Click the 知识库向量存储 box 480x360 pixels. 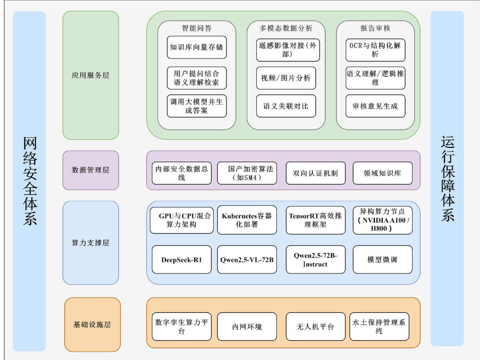[x=196, y=47]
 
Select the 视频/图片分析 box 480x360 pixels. [x=286, y=78]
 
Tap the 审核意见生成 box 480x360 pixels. [x=375, y=106]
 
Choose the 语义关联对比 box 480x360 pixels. [x=286, y=106]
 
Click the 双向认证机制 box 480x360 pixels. [x=315, y=173]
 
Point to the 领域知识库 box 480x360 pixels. [x=382, y=173]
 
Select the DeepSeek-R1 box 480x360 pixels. [x=181, y=260]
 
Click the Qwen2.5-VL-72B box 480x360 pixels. [x=247, y=260]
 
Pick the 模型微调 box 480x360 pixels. [x=382, y=260]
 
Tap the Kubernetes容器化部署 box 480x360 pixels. [x=247, y=220]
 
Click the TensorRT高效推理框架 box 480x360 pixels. [x=315, y=220]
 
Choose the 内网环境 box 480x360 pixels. [x=247, y=327]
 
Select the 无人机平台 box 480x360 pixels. [x=315, y=327]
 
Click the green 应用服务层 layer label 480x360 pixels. [x=90, y=75]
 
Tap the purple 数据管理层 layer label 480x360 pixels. [x=90, y=170]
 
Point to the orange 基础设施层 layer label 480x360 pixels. [x=92, y=325]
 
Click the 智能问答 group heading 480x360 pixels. [x=196, y=28]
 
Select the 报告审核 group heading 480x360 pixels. [x=375, y=28]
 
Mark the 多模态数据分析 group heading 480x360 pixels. [x=286, y=28]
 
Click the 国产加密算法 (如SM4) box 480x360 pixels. [x=247, y=173]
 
